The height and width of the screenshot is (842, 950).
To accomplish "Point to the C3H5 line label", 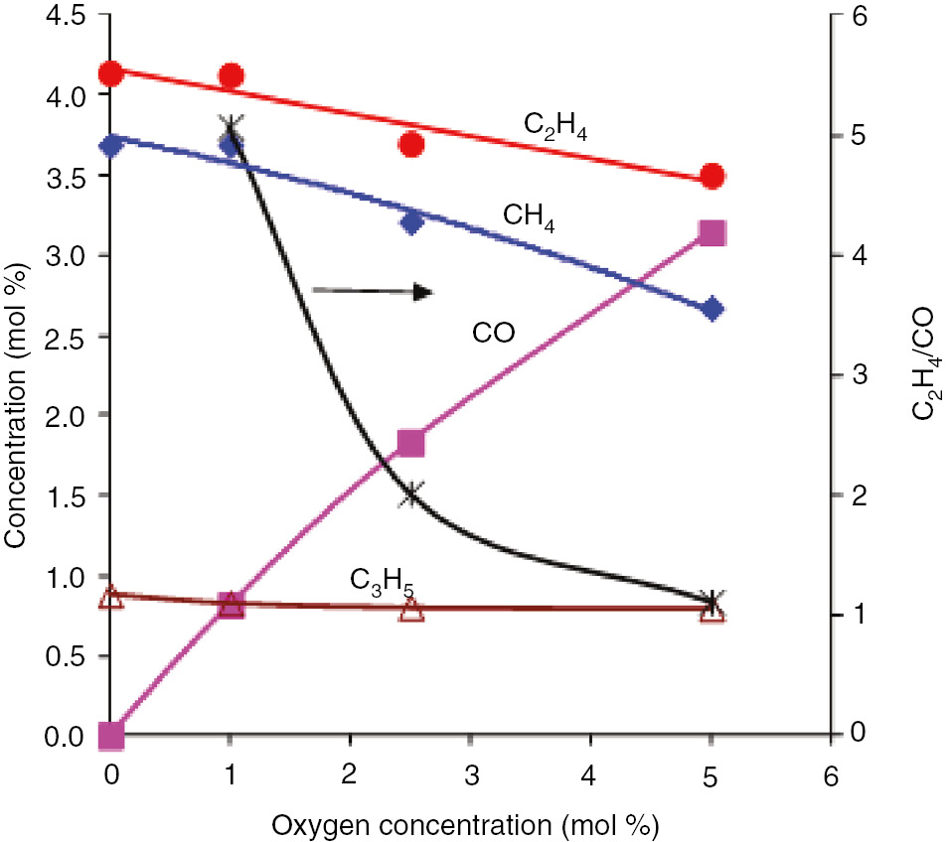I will tap(381, 581).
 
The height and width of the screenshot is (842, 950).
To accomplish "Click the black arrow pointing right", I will tap(373, 291).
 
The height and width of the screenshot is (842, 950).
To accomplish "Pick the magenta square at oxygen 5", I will tap(712, 233).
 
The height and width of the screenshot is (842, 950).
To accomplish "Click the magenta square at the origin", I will tap(111, 736).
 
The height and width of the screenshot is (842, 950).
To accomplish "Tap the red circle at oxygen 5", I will tap(712, 177).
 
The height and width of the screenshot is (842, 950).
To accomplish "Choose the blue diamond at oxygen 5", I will tap(712, 309).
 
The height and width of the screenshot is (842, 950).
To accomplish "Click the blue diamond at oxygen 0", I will tap(111, 145).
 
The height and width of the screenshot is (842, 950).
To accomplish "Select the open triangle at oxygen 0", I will tap(111, 597).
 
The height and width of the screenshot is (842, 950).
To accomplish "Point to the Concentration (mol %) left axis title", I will tap(16, 375).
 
